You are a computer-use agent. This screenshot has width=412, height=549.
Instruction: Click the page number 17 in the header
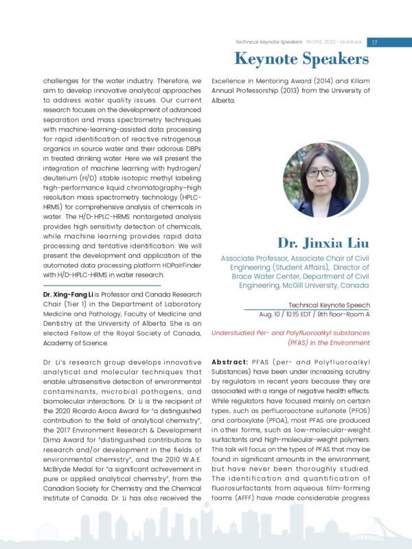pos(375,42)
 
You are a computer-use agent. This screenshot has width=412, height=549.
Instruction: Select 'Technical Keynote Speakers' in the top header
pos(264,42)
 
